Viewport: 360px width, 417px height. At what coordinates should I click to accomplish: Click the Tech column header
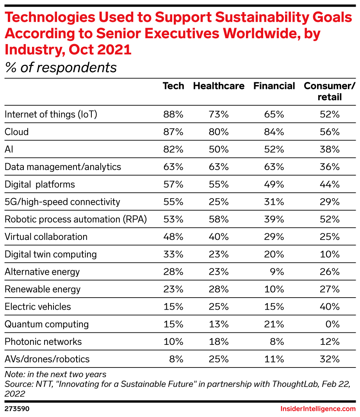pos(173,86)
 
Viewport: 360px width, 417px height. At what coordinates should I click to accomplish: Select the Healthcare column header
pos(219,86)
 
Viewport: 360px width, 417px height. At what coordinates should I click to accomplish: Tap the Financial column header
pos(274,86)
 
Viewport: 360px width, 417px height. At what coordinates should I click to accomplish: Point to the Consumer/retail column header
pos(330,91)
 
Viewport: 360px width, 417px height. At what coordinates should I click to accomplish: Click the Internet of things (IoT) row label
pos(51,114)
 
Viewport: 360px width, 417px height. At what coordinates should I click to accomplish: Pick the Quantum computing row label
pos(46,324)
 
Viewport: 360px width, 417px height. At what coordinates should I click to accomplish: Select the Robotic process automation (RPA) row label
pos(76,219)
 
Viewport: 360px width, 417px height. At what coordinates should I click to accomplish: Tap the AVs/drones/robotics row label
pos(47,359)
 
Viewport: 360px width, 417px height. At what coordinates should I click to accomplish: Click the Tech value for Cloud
pos(173,132)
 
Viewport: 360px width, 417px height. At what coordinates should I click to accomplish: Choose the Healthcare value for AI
pos(219,149)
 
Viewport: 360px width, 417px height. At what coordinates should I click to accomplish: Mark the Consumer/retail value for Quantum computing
pos(332,324)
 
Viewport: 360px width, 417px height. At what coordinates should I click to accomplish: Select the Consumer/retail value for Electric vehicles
pos(330,307)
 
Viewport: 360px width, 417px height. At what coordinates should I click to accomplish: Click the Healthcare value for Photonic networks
pos(219,342)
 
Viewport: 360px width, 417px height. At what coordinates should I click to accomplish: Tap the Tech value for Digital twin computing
pos(173,254)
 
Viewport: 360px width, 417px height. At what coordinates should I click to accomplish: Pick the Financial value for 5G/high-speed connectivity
pos(274,202)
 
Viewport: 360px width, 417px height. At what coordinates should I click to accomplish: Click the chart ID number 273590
pos(17,409)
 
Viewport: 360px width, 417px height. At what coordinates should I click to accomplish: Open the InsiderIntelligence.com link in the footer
pos(318,409)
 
